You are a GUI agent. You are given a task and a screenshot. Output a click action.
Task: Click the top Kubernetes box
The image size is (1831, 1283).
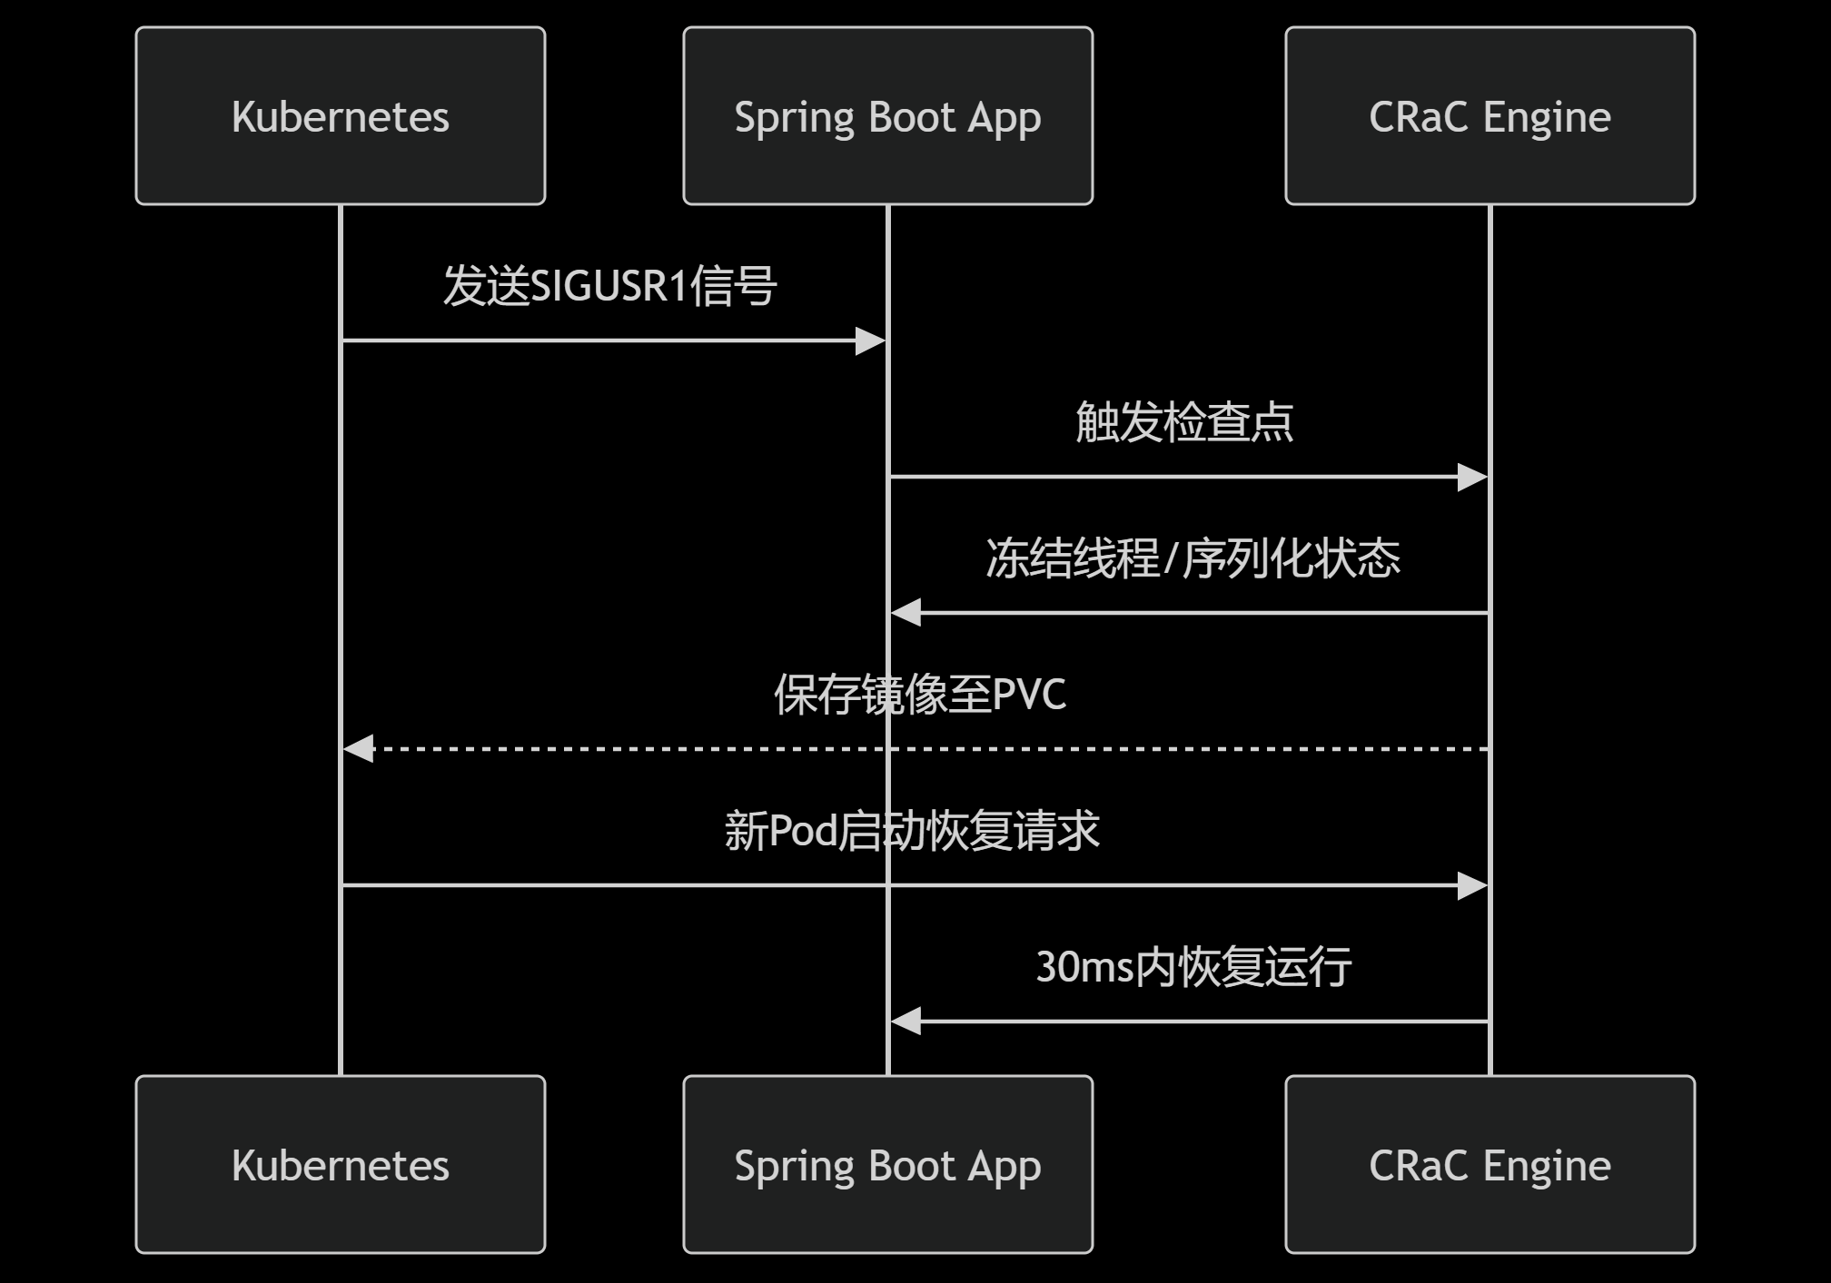[341, 116]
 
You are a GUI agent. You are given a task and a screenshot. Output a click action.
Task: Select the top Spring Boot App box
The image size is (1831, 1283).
[887, 116]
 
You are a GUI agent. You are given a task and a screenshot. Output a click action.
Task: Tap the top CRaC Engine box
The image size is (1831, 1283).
[1490, 116]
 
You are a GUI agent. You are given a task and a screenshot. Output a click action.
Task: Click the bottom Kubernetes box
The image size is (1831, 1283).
[341, 1164]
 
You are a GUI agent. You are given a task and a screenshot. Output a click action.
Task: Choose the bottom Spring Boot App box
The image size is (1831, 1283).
[887, 1164]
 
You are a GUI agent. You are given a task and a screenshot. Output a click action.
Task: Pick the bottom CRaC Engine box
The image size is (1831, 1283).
[1490, 1164]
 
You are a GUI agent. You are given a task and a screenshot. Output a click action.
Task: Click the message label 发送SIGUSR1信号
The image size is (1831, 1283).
[609, 286]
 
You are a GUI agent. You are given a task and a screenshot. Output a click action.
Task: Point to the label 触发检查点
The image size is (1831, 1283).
[1184, 422]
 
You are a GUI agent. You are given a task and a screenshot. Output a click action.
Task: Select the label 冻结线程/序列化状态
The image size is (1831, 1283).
[1193, 558]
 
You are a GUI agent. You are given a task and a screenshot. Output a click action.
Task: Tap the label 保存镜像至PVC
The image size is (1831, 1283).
[919, 695]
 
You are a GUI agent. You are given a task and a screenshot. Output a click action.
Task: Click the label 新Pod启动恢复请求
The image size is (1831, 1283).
[912, 831]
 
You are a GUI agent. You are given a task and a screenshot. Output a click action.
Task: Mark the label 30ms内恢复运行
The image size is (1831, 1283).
[1193, 967]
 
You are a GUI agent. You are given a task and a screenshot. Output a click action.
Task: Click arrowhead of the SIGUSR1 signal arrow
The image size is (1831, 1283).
[870, 341]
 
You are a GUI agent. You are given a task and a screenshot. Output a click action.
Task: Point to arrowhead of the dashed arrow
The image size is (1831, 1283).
[360, 749]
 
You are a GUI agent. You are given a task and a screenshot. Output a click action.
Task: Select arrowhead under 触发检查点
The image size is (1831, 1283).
[1471, 477]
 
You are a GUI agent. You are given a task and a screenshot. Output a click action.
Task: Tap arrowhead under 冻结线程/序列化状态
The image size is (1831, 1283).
[906, 613]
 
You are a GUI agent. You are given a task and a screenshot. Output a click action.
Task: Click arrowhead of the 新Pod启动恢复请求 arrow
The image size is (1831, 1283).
[1471, 885]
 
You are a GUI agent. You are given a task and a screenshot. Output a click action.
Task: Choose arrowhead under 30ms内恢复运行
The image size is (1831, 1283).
[906, 1021]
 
